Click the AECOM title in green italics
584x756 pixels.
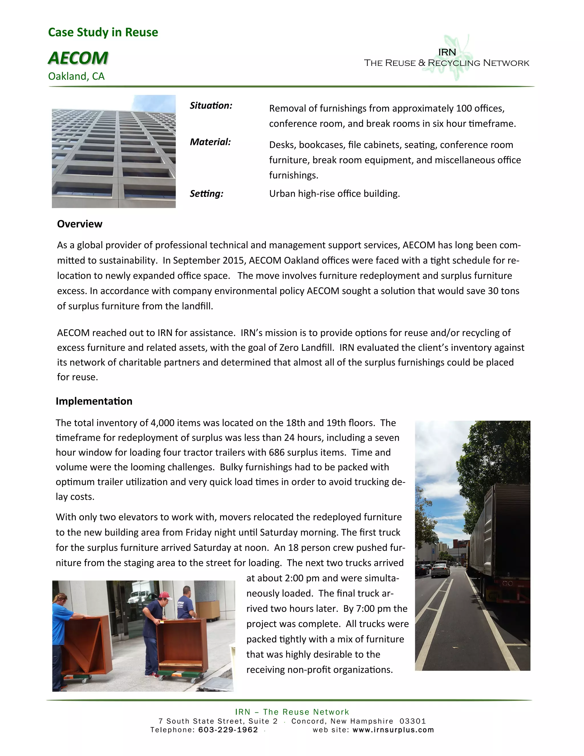[78, 58]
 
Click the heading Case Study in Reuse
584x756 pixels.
[103, 32]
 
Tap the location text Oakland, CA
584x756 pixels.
[76, 76]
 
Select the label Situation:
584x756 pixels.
[211, 106]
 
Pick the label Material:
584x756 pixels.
[210, 142]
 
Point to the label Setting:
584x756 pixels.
[206, 193]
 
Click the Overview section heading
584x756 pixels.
[80, 224]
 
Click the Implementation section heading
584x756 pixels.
[94, 401]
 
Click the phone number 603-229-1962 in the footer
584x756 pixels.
[228, 730]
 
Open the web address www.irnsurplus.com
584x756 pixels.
[393, 730]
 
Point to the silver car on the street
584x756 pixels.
[440, 569]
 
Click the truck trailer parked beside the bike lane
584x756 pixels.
[498, 540]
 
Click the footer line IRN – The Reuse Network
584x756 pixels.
[292, 712]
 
